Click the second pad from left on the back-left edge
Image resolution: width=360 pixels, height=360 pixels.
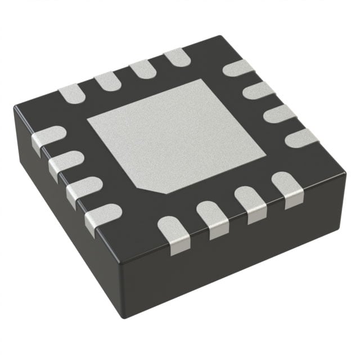pyautogui.click(x=106, y=81)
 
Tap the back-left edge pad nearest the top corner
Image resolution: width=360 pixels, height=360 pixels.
pyautogui.click(x=176, y=57)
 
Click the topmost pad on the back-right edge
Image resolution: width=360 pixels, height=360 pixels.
pyautogui.click(x=237, y=69)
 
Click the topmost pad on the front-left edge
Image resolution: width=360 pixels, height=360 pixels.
pyautogui.click(x=48, y=138)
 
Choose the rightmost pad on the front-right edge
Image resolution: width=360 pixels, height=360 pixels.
pyautogui.click(x=285, y=188)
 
